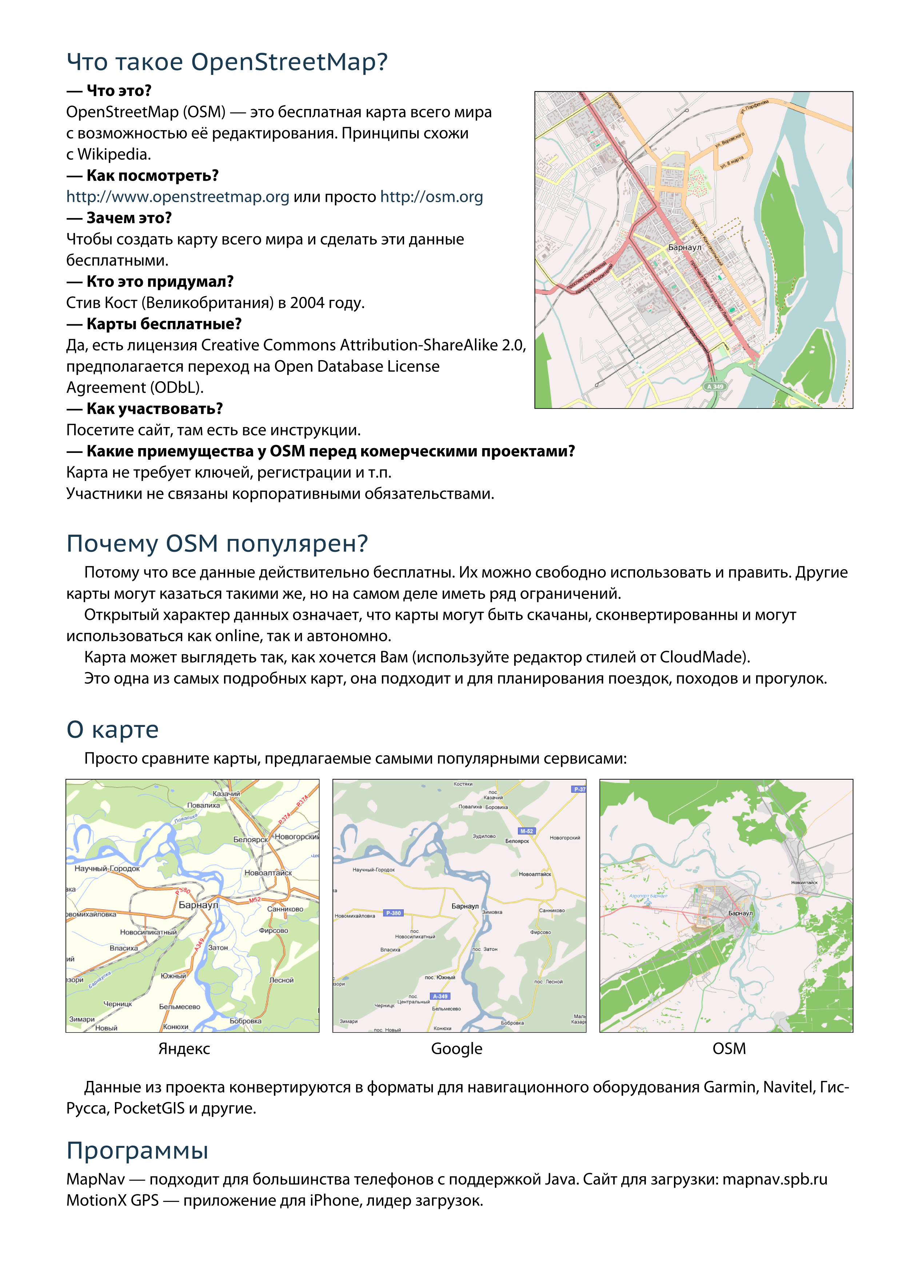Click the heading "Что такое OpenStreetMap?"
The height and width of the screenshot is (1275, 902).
[x=227, y=62]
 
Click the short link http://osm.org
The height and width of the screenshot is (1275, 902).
[x=431, y=197]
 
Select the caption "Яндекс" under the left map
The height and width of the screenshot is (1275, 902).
[x=184, y=1049]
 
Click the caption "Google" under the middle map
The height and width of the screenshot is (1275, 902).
[x=456, y=1049]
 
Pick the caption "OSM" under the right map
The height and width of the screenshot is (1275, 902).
[x=729, y=1049]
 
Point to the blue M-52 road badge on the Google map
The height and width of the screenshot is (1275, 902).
[x=526, y=831]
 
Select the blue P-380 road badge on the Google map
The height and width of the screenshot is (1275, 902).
[x=394, y=912]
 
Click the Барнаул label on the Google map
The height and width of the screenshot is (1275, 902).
[x=464, y=906]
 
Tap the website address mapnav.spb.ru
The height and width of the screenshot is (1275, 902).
[x=774, y=1179]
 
